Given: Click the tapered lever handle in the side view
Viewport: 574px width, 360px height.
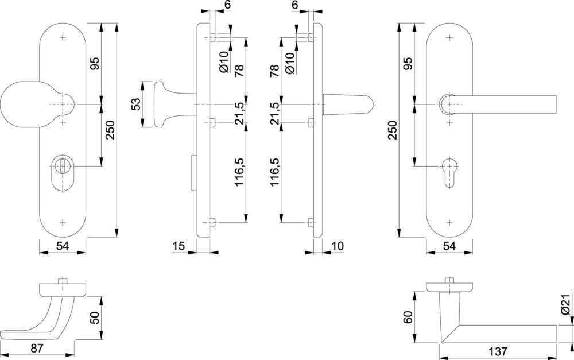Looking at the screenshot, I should click(347, 104).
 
